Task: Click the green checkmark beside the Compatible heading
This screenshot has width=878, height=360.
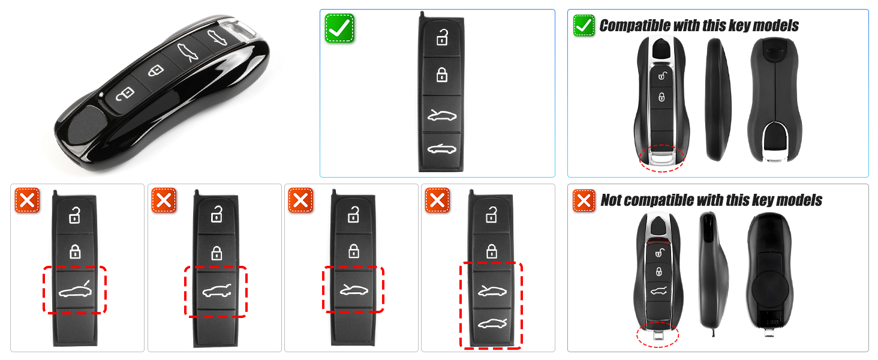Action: (x=584, y=25)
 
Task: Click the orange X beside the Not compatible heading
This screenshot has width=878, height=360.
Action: (x=584, y=200)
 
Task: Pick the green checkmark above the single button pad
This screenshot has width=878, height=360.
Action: (x=339, y=28)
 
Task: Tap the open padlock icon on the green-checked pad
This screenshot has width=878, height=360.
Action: (x=442, y=38)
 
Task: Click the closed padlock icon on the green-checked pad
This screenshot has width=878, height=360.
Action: (x=442, y=74)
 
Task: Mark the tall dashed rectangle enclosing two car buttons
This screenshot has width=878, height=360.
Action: (x=491, y=305)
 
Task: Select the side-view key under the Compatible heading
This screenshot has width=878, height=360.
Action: (x=717, y=99)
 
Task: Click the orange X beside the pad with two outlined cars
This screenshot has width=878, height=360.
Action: (x=437, y=200)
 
